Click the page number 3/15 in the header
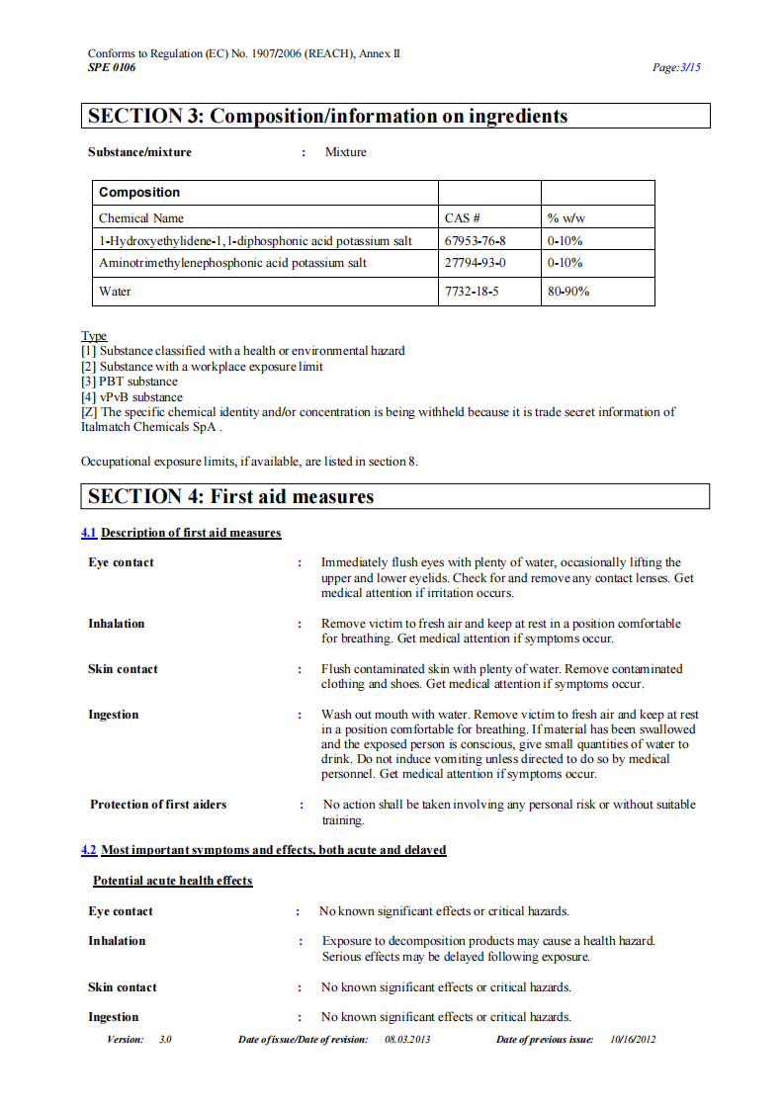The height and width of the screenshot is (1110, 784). tap(689, 68)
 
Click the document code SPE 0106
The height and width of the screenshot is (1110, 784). tap(112, 67)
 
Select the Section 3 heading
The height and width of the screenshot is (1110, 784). tap(327, 117)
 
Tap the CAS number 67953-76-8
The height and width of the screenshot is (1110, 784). tap(475, 240)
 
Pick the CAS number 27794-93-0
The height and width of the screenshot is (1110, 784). tap(475, 263)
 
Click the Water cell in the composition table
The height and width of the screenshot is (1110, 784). tap(115, 292)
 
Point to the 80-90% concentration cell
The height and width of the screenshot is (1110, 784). tap(568, 292)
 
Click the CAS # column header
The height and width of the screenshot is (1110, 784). tap(463, 218)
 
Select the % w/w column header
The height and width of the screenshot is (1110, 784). tap(566, 218)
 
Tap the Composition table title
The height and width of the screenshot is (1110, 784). tap(139, 193)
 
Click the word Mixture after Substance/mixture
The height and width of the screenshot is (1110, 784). tap(346, 152)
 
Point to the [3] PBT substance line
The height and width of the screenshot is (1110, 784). tap(130, 382)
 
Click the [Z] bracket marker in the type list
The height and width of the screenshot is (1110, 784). tap(89, 412)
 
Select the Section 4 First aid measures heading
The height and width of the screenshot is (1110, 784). tap(230, 496)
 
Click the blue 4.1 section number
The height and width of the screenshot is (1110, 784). tap(88, 533)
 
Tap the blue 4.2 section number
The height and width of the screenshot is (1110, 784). tap(88, 850)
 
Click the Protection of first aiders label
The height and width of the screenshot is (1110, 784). tap(158, 805)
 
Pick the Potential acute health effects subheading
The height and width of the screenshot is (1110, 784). tap(173, 881)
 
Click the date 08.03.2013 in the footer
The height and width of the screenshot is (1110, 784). tap(407, 1039)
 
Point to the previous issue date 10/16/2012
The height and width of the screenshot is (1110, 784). tap(633, 1039)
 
